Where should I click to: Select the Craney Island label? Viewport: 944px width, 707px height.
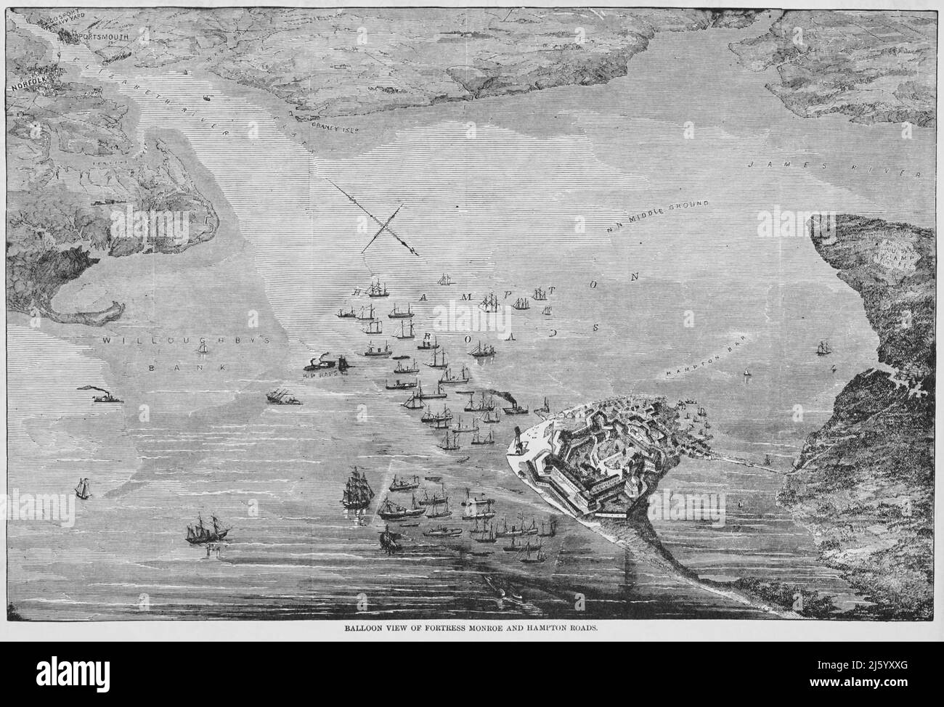[x=335, y=126]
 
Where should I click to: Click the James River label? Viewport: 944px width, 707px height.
[x=834, y=169]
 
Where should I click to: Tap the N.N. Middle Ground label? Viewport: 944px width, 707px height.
[x=657, y=216]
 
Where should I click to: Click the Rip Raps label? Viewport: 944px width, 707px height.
[x=320, y=375]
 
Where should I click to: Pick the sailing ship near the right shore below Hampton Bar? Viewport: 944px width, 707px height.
[x=823, y=348]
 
